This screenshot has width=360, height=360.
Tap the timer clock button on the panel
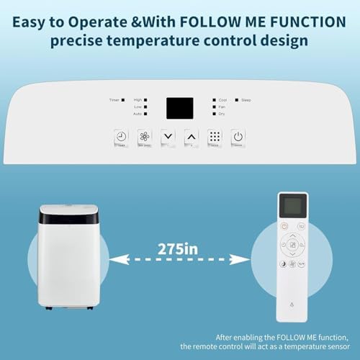[x=122, y=137]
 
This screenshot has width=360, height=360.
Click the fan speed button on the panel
[x=145, y=137]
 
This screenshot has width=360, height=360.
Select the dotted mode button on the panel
[x=215, y=137]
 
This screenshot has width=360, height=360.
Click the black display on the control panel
[x=180, y=108]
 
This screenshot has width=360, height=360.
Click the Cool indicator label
[x=222, y=99]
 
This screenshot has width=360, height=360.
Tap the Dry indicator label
[x=222, y=114]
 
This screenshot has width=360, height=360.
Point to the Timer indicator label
[x=114, y=99]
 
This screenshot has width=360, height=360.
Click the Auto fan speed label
[x=137, y=114]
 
